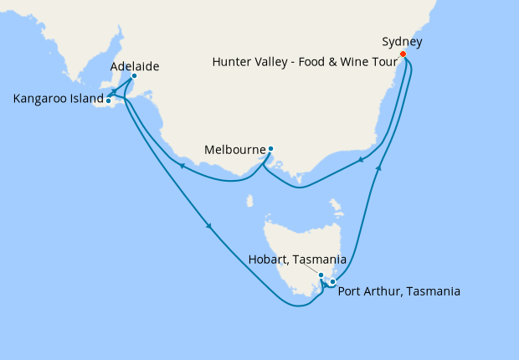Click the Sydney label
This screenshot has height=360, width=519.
402,41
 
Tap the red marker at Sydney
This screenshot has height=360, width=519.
403,54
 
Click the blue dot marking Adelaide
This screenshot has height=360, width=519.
134,76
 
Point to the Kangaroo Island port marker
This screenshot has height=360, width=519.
108,100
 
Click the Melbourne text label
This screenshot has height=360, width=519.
235,152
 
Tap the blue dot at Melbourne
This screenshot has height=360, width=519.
270,150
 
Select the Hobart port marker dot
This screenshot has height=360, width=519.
321,275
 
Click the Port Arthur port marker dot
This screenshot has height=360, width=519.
332,281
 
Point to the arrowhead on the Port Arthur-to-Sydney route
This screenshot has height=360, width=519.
379,168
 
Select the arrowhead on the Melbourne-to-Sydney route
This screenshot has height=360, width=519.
361,160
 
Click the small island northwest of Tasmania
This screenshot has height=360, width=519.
250,200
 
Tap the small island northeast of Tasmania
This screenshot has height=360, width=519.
337,205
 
